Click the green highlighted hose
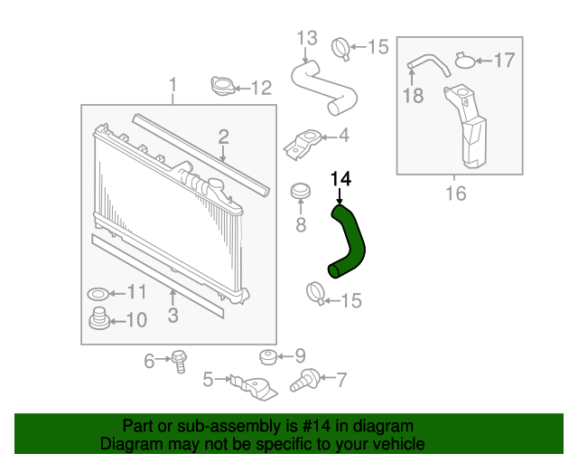click(351, 241)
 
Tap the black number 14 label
click(340, 179)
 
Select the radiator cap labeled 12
click(221, 87)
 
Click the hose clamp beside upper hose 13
click(342, 46)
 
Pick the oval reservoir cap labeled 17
click(464, 61)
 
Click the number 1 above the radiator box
click(172, 86)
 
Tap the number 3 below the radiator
click(172, 315)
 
